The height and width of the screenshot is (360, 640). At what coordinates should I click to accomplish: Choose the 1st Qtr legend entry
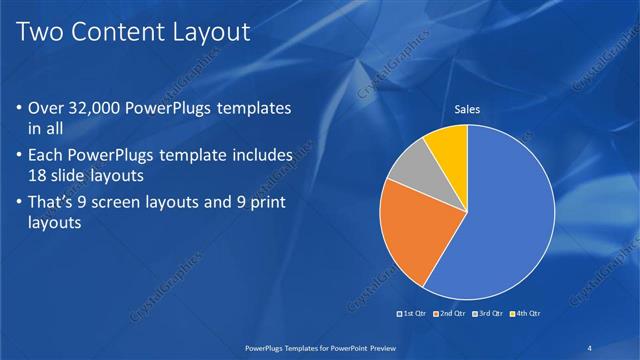(415, 314)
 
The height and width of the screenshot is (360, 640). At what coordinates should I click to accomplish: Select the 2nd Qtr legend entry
(451, 314)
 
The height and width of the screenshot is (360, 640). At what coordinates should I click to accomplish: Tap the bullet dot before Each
(20, 157)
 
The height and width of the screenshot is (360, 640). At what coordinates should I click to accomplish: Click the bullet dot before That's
(20, 203)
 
